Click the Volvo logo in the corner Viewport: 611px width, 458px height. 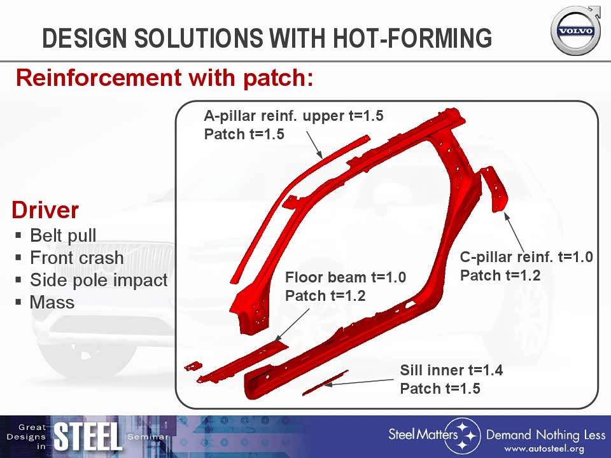click(x=576, y=31)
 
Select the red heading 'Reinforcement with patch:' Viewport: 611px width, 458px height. click(x=164, y=78)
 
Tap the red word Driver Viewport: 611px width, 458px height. click(x=45, y=210)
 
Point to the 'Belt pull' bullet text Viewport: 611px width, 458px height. click(x=63, y=235)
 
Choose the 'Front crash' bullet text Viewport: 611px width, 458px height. click(x=77, y=258)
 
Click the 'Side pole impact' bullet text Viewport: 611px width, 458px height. click(x=99, y=280)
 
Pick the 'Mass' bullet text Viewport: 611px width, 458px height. click(x=52, y=302)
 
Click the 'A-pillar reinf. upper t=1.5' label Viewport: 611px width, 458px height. click(x=294, y=116)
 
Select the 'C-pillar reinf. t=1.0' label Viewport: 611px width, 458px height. click(x=526, y=257)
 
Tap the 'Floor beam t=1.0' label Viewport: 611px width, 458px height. click(x=346, y=277)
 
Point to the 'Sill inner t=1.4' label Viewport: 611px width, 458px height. click(x=451, y=370)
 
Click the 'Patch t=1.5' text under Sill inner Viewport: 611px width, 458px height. click(x=440, y=388)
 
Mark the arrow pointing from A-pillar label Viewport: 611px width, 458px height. click(x=314, y=144)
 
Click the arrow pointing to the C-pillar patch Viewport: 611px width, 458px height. click(x=514, y=232)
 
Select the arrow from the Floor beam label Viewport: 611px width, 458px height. click(x=292, y=326)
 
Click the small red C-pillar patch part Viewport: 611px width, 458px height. click(x=495, y=188)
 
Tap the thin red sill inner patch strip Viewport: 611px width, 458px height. click(x=325, y=383)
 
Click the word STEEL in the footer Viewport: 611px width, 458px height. click(x=87, y=437)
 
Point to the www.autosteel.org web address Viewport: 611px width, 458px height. click(x=544, y=449)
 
